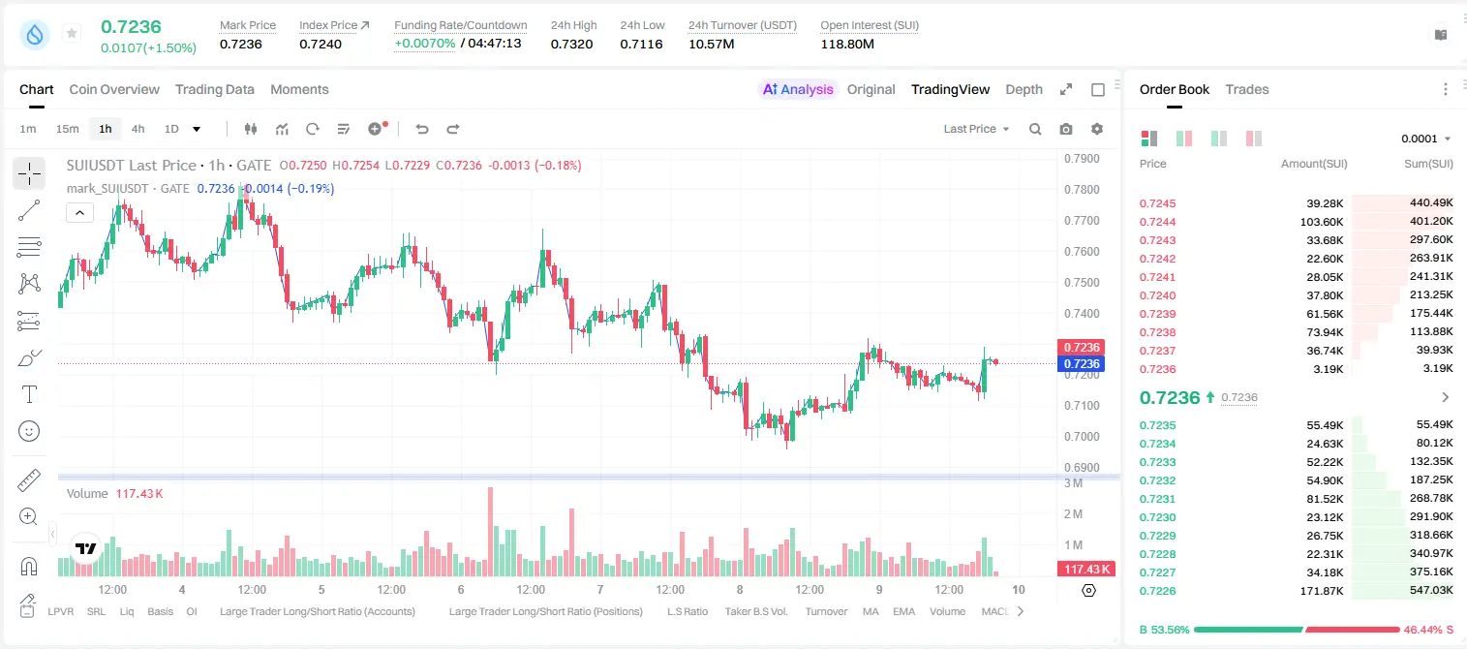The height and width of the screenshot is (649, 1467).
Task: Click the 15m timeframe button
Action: pos(68,129)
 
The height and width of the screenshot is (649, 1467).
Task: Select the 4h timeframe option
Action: pos(138,129)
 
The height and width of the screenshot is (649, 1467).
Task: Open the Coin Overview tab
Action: pos(114,89)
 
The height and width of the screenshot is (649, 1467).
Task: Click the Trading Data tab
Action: pos(214,89)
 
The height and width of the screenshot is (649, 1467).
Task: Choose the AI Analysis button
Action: pos(798,89)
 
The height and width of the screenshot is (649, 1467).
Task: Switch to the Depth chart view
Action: pos(1024,89)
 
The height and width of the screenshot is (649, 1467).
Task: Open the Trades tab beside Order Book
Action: pos(1247,89)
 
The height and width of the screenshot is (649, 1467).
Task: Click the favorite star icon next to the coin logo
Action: pos(72,33)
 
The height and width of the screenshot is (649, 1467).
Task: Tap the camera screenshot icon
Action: pos(1066,129)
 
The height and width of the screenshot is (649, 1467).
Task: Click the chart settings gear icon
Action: pos(1097,129)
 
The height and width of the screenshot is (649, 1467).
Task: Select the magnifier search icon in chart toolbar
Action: pos(1035,129)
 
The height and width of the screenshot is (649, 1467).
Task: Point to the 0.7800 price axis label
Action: pos(1082,189)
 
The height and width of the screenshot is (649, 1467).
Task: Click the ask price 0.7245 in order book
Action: pos(1157,203)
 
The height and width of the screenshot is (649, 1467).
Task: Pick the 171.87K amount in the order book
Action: pos(1321,591)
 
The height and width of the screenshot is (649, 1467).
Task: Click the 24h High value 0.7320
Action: pos(571,44)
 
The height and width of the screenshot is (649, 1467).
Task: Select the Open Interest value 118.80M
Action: pos(847,44)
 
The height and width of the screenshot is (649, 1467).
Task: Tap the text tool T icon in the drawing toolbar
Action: pos(29,394)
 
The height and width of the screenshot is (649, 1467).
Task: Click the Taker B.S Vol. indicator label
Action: pos(755,611)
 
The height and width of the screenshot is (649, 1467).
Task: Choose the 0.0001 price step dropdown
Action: pos(1425,139)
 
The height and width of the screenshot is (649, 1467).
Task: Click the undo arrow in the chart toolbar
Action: pos(422,129)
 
